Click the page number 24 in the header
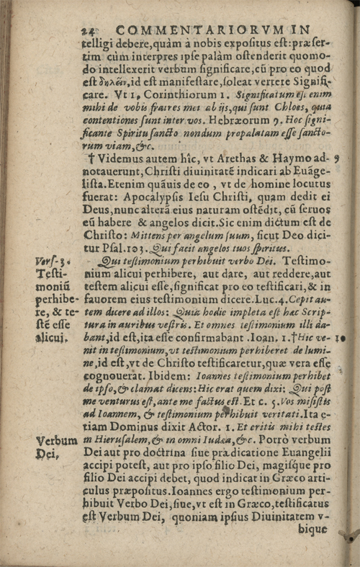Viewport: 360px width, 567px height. [x=91, y=31]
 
